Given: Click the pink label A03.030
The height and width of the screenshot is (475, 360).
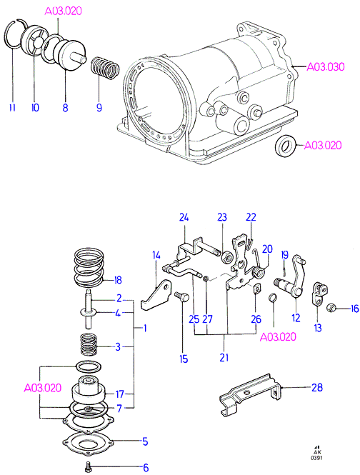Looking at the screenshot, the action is [326, 66].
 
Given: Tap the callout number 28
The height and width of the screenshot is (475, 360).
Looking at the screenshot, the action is [317, 387].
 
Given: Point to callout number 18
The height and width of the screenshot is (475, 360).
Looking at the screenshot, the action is [118, 280].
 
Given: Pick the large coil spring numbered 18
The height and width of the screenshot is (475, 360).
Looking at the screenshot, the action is [89, 267].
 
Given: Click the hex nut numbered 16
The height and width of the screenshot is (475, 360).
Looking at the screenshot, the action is [330, 309].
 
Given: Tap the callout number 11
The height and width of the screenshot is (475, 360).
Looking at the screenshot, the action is [12, 107].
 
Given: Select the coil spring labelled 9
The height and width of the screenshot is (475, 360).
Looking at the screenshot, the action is [105, 68].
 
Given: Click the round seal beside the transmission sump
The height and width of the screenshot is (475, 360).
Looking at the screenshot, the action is [286, 147].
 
